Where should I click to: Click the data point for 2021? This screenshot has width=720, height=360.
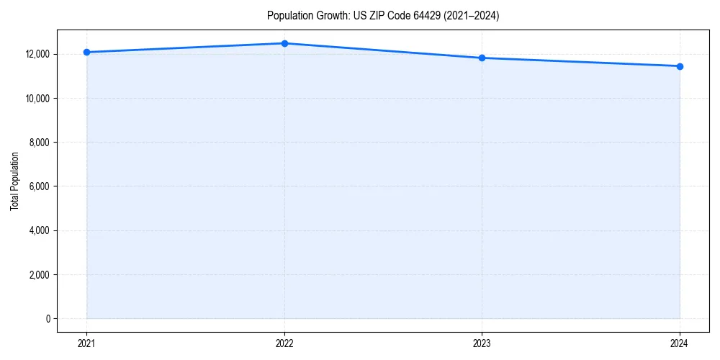[86, 52]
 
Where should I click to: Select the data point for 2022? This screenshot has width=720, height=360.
[284, 43]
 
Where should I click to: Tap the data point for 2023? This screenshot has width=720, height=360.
[482, 58]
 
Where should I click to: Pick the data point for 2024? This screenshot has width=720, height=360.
[680, 66]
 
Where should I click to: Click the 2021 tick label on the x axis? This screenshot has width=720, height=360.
[86, 343]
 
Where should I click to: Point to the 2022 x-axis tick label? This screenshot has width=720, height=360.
[284, 343]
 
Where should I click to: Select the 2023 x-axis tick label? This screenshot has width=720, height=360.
[482, 343]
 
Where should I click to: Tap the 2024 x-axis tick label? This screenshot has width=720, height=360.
[680, 343]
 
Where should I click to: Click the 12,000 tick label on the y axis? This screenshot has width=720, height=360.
[36, 54]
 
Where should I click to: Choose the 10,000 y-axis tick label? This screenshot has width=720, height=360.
[36, 98]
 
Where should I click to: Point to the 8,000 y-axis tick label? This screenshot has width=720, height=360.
[39, 143]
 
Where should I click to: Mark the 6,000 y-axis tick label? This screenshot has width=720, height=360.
[39, 186]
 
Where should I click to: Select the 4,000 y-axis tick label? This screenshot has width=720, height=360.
[39, 230]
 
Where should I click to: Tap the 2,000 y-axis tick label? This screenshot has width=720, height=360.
[39, 274]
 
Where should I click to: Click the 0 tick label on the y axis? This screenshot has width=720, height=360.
[48, 319]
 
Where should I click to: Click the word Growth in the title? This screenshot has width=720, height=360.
[330, 16]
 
